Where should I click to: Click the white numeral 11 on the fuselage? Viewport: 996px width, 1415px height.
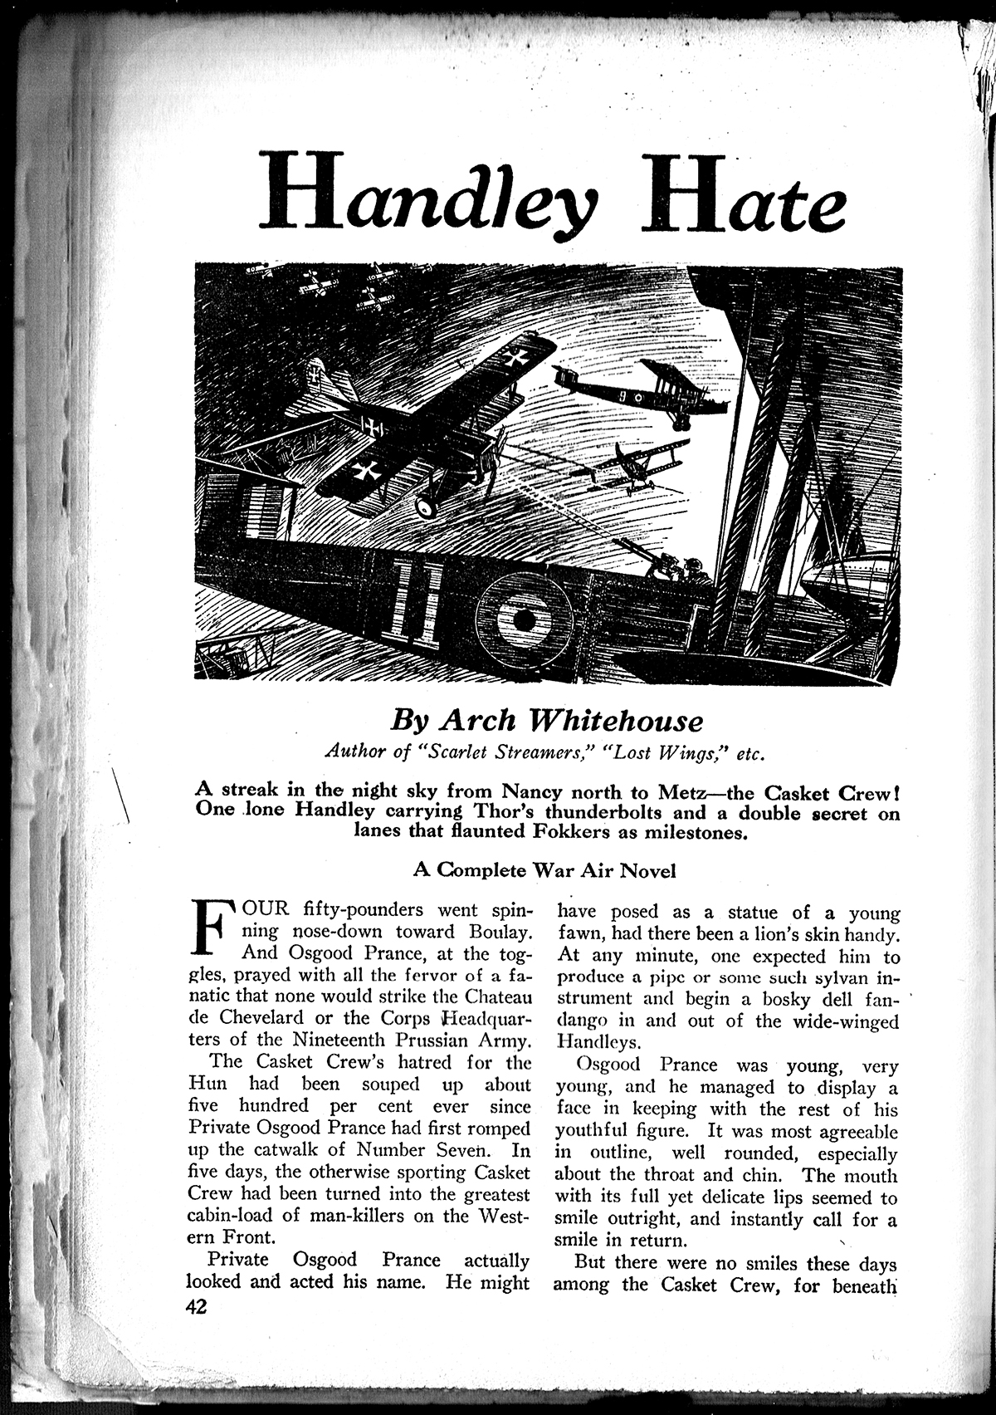415,602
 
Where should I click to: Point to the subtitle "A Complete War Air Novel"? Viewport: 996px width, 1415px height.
544,871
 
